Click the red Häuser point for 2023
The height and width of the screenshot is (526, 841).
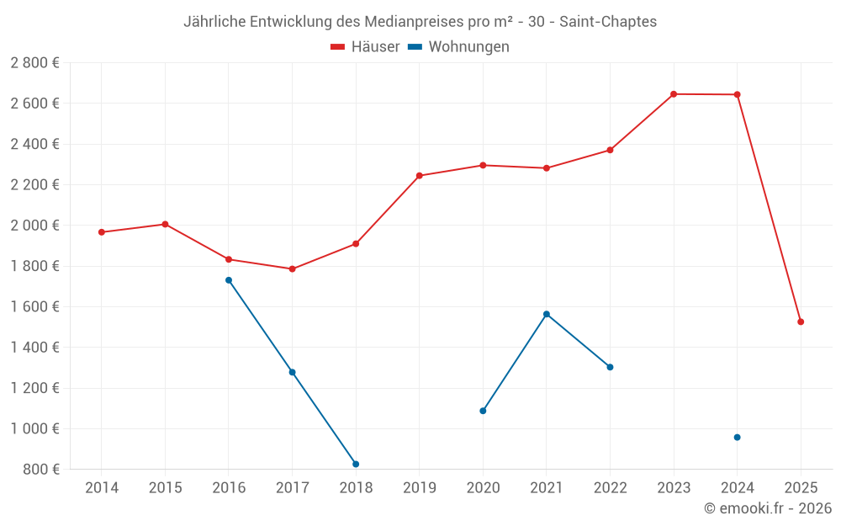pyautogui.click(x=674, y=94)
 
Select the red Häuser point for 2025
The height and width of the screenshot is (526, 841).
pyautogui.click(x=801, y=321)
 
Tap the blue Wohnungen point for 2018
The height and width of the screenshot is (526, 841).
pyautogui.click(x=356, y=464)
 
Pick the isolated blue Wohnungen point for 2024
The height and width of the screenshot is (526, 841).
pyautogui.click(x=737, y=437)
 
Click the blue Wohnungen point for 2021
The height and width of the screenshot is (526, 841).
pyautogui.click(x=547, y=314)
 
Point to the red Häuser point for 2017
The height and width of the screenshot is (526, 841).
pyautogui.click(x=292, y=269)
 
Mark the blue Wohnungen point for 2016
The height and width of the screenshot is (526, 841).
pyautogui.click(x=229, y=280)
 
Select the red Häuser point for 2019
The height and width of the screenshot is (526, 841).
pyautogui.click(x=420, y=176)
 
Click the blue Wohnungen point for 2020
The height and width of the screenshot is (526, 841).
pyautogui.click(x=483, y=411)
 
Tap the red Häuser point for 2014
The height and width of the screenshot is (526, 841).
pyautogui.click(x=102, y=232)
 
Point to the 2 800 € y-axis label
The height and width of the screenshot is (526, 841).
pyautogui.click(x=34, y=63)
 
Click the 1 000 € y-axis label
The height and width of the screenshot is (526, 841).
pyautogui.click(x=34, y=428)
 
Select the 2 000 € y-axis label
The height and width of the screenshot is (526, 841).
pyautogui.click(x=34, y=226)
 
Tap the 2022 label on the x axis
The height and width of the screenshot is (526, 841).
pyautogui.click(x=610, y=487)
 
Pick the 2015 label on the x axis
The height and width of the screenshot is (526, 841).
pyautogui.click(x=165, y=487)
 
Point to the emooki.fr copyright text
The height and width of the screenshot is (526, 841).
pyautogui.click(x=768, y=508)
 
